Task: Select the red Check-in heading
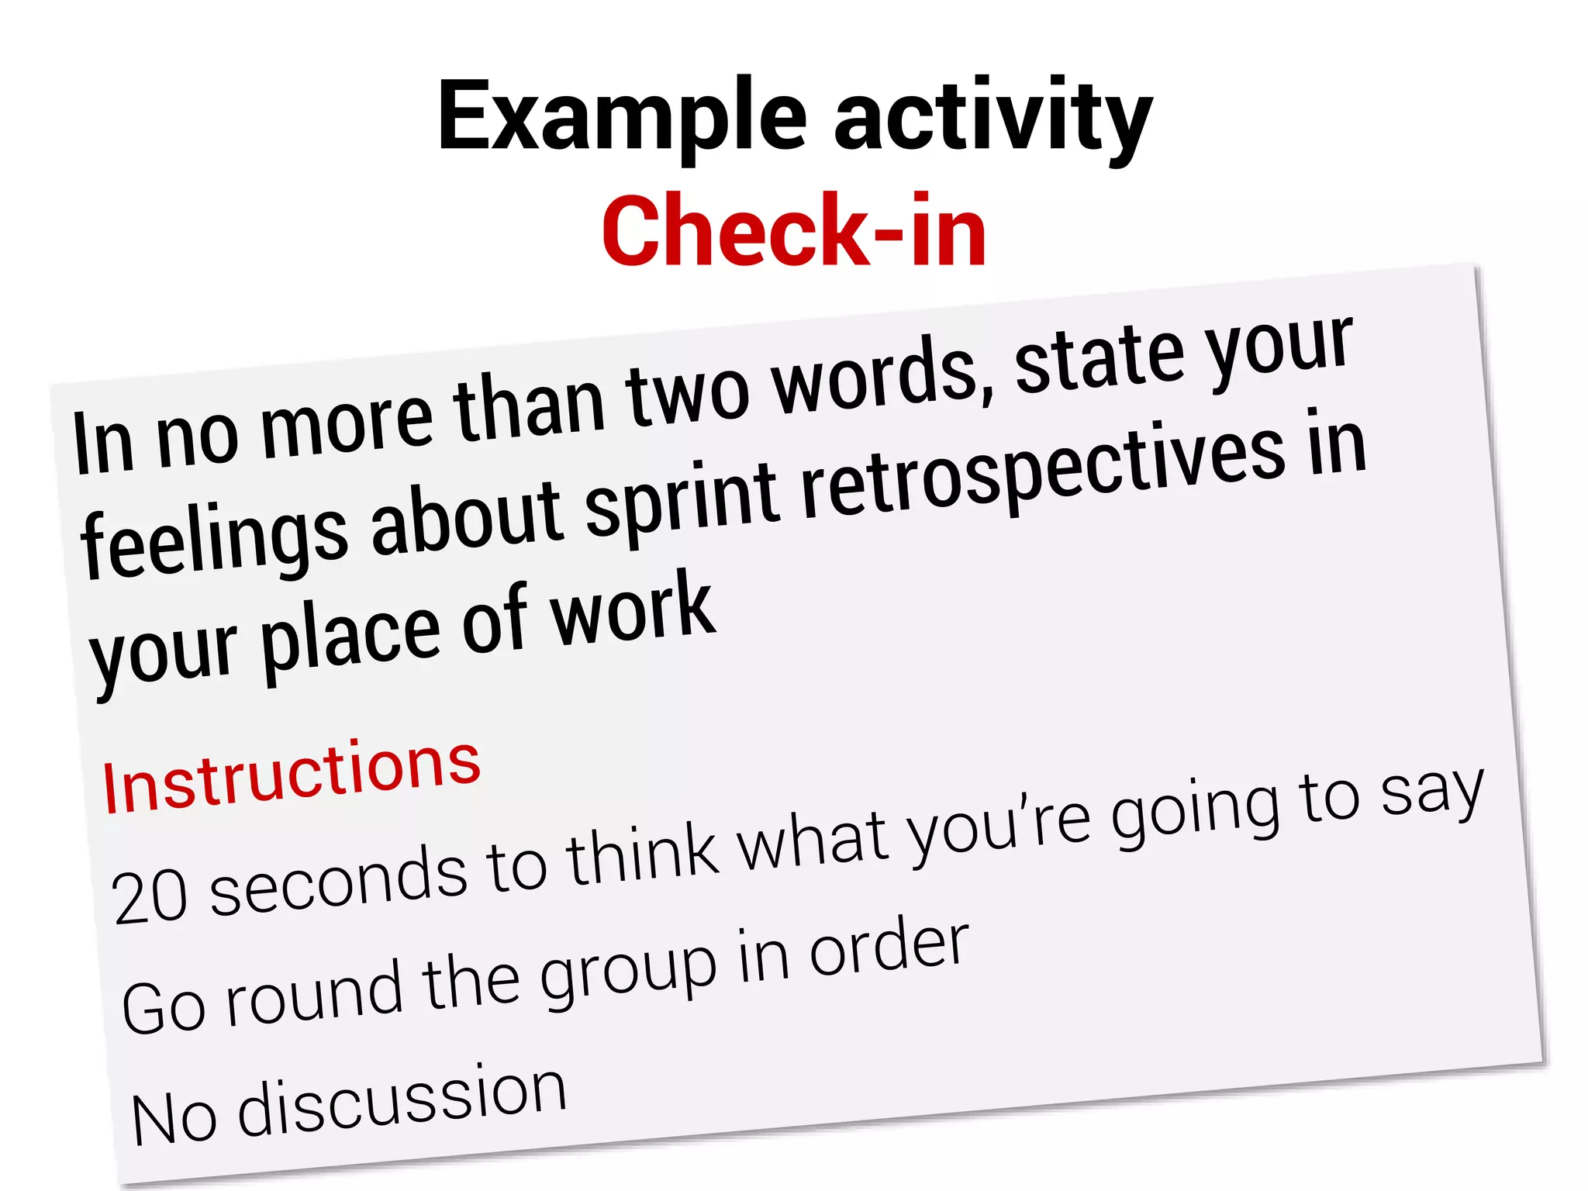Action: [794, 231]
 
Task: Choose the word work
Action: [632, 609]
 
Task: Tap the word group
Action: [628, 973]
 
